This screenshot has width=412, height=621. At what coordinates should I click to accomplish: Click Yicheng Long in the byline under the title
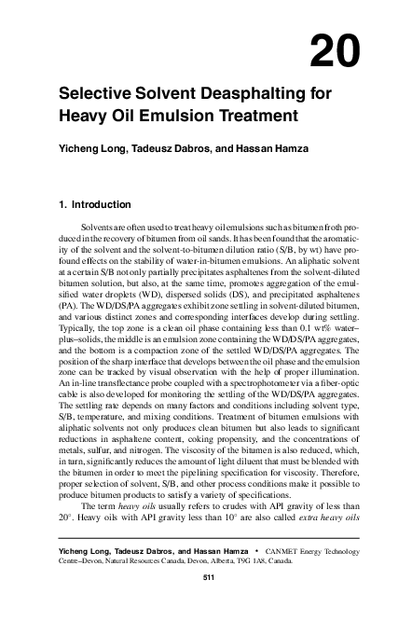(x=89, y=145)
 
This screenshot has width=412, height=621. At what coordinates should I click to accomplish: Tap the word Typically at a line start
(x=78, y=326)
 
